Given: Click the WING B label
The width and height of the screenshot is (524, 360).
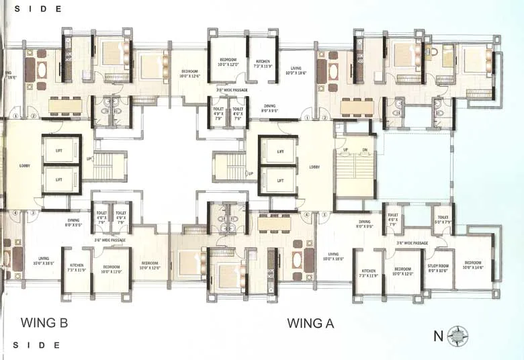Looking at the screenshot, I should click(45, 322).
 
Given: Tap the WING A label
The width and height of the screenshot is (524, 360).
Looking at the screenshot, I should click(310, 323).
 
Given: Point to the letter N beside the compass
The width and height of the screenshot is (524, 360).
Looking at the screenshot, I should click(438, 335).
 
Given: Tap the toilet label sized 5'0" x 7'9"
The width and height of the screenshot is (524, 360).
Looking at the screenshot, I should click(443, 220).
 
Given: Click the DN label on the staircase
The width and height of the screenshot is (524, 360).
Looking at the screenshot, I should click(364, 149).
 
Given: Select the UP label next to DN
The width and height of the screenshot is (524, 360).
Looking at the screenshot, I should click(346, 149).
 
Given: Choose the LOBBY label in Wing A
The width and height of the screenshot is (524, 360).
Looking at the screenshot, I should click(314, 167).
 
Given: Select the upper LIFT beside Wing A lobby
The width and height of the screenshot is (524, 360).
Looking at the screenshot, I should click(277, 152).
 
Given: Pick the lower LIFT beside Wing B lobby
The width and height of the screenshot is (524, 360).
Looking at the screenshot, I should click(59, 179).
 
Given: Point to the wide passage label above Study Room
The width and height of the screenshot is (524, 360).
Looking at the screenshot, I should click(412, 242).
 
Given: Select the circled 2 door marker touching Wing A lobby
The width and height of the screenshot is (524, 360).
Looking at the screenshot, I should click(324, 117).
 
